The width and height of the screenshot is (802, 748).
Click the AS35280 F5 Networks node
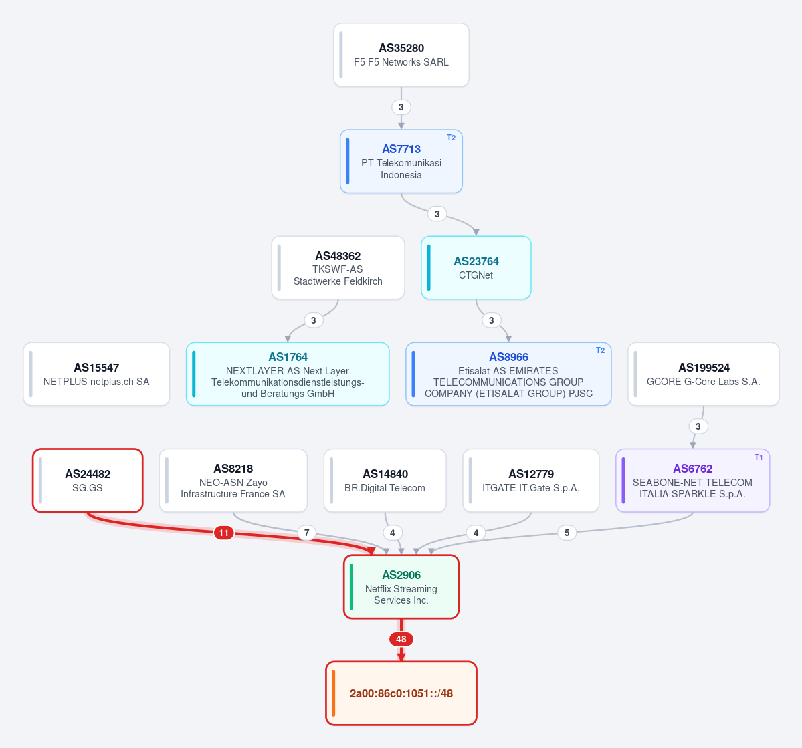(x=401, y=55)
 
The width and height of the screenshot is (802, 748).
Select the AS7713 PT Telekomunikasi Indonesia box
(x=401, y=161)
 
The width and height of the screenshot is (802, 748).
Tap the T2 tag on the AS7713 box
(x=451, y=138)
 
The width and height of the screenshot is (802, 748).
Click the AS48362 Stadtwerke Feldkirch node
(x=338, y=267)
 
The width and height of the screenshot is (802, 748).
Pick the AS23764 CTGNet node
(x=476, y=267)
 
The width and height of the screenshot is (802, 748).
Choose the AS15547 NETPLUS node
(x=96, y=374)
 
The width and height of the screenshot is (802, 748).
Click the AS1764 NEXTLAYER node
(x=288, y=374)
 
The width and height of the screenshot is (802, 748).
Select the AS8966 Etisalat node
(x=508, y=374)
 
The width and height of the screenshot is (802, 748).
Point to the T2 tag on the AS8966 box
(x=600, y=350)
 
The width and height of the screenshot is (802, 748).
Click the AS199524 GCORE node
(x=703, y=374)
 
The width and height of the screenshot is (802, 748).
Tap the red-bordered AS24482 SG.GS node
(x=88, y=480)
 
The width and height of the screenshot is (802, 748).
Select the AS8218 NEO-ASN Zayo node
(x=233, y=480)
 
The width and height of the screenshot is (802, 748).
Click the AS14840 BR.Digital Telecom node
(x=385, y=480)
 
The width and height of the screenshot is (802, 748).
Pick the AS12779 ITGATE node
(x=531, y=480)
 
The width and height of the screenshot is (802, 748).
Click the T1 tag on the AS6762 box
(x=759, y=457)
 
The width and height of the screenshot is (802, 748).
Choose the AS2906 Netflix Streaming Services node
(x=401, y=586)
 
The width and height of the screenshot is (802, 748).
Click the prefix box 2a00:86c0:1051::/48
(x=401, y=693)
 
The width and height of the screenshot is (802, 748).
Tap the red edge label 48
(x=401, y=639)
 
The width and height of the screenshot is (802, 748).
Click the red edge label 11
(x=223, y=533)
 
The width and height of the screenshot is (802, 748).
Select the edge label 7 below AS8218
(x=306, y=533)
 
